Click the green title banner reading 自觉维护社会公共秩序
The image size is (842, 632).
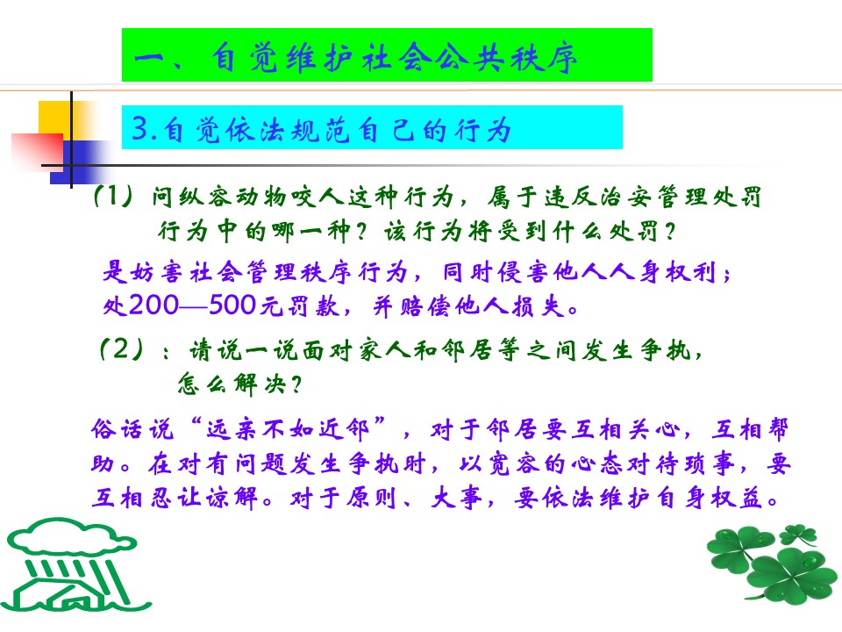(x=387, y=54)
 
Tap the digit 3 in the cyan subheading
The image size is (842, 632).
(x=140, y=128)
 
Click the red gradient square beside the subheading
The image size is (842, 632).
(x=38, y=152)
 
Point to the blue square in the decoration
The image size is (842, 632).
(x=81, y=162)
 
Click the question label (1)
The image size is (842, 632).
(x=113, y=196)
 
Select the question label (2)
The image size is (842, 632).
(x=122, y=349)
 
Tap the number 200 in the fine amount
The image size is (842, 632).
(x=154, y=305)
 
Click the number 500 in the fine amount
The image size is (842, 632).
(x=232, y=305)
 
